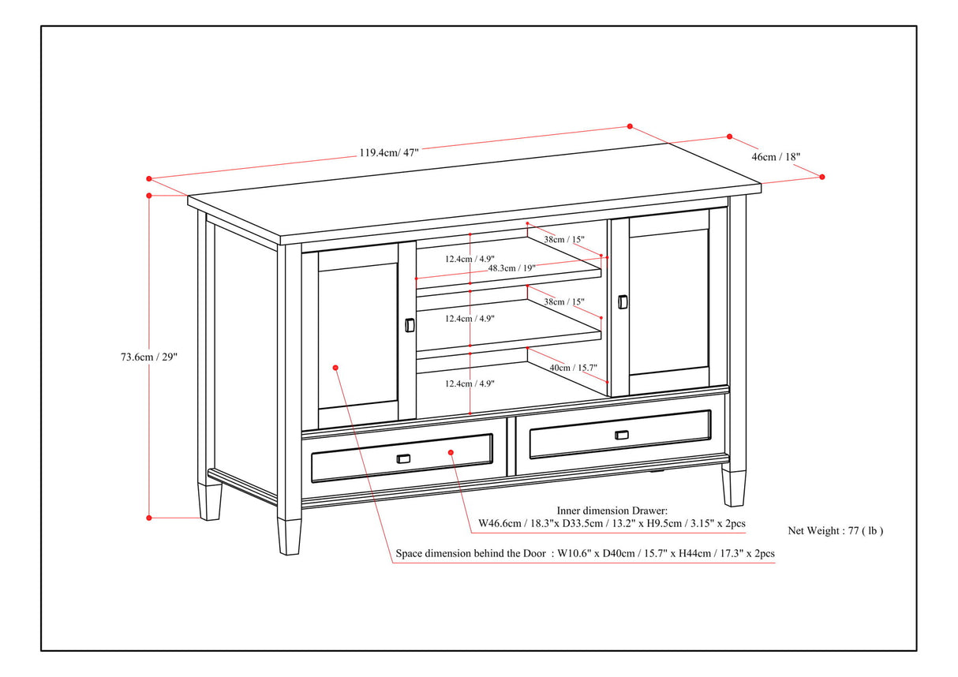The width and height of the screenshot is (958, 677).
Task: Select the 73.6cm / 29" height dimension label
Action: click(x=144, y=357)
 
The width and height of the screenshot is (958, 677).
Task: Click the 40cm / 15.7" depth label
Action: click(x=572, y=367)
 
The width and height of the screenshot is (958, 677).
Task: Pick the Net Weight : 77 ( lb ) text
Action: click(x=836, y=531)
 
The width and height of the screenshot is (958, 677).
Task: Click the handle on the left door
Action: click(x=409, y=325)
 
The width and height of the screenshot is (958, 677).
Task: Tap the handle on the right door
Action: click(x=623, y=302)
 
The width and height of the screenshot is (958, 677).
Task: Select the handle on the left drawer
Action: click(x=403, y=459)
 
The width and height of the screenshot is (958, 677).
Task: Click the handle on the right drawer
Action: click(x=622, y=435)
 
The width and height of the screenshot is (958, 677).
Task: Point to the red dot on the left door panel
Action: click(x=336, y=368)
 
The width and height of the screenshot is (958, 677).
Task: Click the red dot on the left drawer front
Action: click(x=451, y=452)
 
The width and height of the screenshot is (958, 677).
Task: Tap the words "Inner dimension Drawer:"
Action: click(x=612, y=511)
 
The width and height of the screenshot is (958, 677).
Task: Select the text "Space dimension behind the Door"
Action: click(x=470, y=554)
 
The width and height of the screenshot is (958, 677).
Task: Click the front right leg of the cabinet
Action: click(x=733, y=488)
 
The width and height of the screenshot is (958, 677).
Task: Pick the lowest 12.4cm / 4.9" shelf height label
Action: click(x=469, y=383)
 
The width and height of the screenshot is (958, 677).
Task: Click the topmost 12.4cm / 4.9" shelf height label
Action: click(x=469, y=258)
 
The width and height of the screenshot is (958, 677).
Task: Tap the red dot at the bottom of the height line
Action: click(x=149, y=518)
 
